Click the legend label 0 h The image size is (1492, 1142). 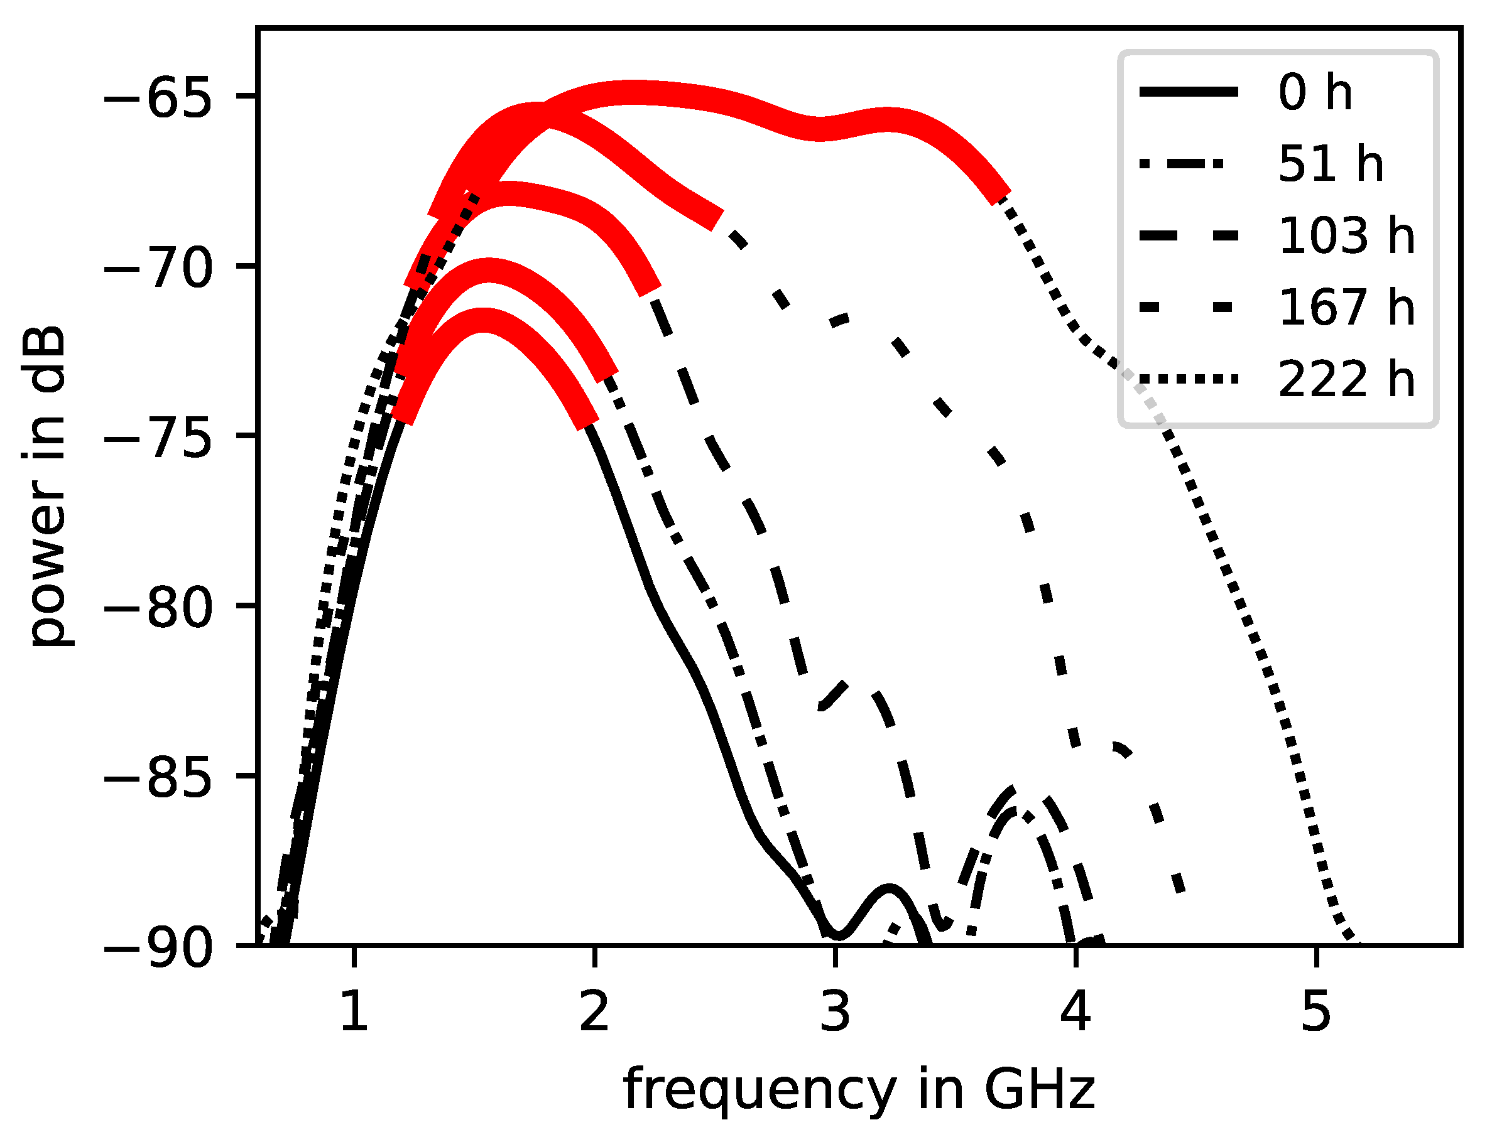tap(1314, 93)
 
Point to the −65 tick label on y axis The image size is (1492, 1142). tap(158, 97)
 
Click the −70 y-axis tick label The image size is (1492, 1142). tap(158, 266)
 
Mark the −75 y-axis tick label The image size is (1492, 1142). tap(158, 436)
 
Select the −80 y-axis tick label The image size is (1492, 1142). tap(158, 606)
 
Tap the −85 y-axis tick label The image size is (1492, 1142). tap(158, 776)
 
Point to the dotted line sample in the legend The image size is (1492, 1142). tap(1189, 379)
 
